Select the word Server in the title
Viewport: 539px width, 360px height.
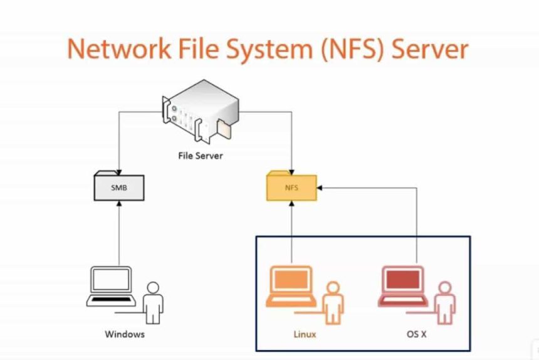[x=429, y=49]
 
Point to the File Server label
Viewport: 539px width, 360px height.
[x=200, y=155]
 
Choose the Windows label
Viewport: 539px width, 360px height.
[x=125, y=334]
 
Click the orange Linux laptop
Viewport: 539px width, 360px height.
[x=291, y=286]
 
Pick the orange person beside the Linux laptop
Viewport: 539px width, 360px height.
[x=332, y=302]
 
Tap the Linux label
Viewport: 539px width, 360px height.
[x=305, y=334]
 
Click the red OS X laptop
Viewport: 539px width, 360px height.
[x=404, y=286]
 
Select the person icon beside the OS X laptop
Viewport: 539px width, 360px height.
[x=444, y=302]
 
